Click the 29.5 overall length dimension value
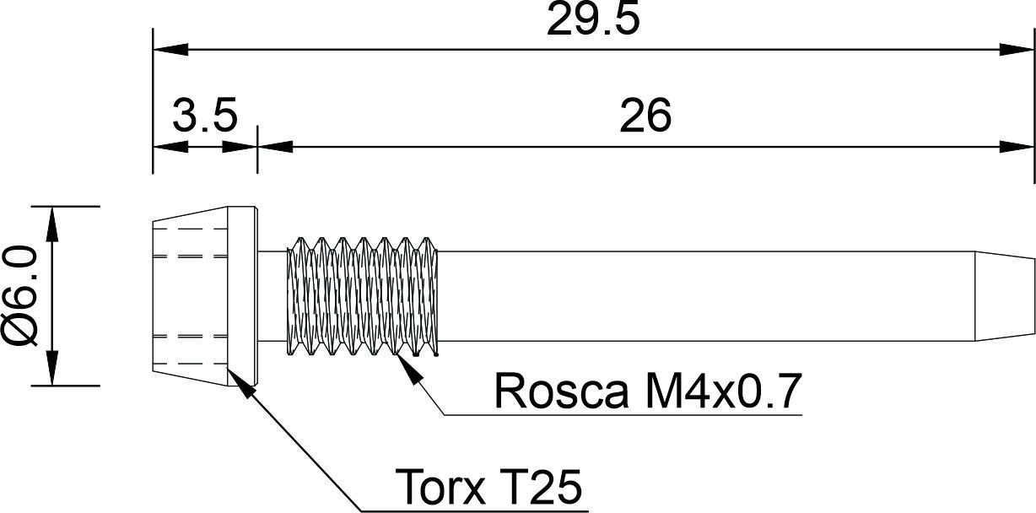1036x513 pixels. tap(593, 22)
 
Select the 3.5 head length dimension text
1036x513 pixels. tap(204, 116)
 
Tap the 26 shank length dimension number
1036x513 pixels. tap(645, 116)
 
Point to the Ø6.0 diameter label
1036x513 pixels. tap(21, 296)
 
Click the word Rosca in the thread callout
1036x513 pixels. tap(561, 391)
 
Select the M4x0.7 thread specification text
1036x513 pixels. tap(718, 391)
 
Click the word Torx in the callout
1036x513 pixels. tap(438, 487)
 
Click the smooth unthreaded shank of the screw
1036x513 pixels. tap(709, 295)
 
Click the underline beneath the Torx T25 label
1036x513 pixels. tap(472, 510)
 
